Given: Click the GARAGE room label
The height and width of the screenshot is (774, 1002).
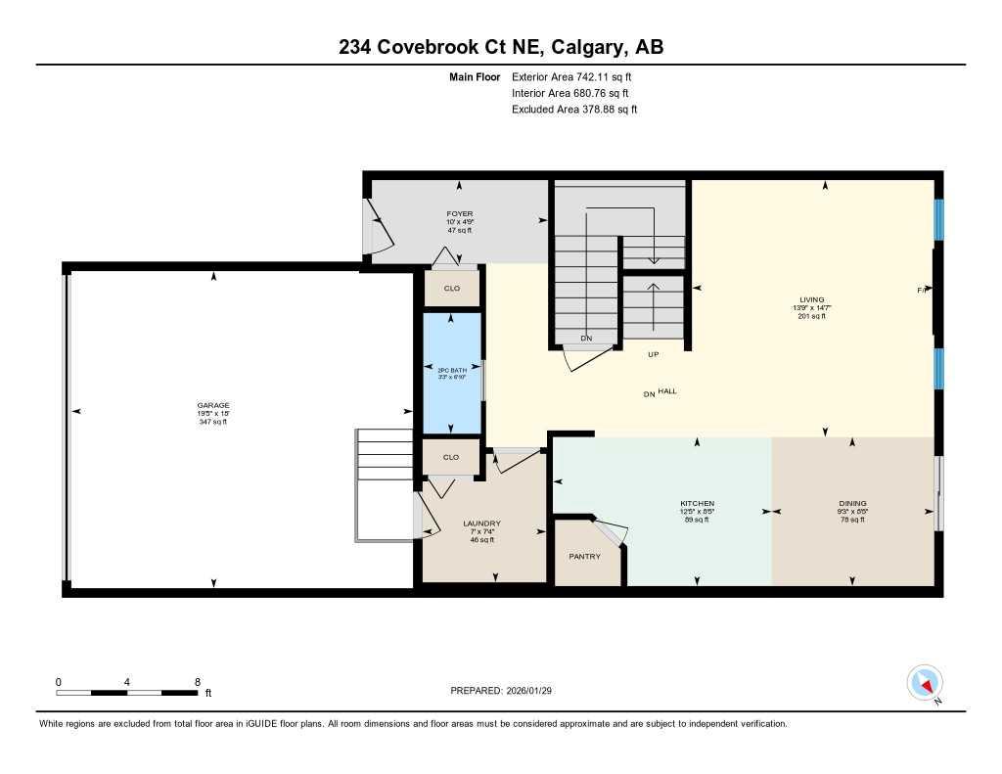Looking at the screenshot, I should pos(212,405).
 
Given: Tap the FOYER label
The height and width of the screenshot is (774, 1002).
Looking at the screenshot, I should pos(459,213).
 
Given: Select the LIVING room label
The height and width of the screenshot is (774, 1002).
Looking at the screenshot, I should pos(810,299).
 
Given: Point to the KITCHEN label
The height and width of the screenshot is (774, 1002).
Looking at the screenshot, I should pos(698,503).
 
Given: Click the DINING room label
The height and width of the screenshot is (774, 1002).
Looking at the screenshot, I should pos(851,503).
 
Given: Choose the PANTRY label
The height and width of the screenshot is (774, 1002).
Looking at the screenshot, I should pos(584,556).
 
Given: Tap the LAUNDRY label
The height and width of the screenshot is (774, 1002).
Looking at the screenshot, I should pos(481,524).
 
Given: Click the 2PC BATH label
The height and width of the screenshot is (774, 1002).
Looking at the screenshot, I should pos(451,369).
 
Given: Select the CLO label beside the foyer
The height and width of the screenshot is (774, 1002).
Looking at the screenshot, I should pos(451,289).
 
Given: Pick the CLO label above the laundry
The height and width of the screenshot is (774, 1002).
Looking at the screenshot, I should pos(451,457).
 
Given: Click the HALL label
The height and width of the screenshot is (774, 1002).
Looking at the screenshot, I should pos(667,391).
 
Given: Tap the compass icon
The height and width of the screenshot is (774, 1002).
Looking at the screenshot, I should pos(925,682).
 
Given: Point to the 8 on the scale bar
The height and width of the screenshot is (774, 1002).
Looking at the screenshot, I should pos(198,682).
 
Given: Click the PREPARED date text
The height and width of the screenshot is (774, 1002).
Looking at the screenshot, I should pos(508,691).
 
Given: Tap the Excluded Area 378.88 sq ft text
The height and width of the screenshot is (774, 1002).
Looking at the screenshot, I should pos(574,110).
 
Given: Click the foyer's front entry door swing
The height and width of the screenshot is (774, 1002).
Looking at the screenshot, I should pos(378,226).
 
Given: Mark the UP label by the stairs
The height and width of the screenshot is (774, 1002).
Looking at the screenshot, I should pos(653,355).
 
